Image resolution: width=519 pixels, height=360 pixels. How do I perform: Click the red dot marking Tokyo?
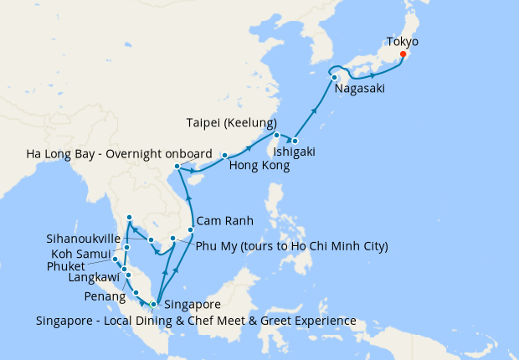403,54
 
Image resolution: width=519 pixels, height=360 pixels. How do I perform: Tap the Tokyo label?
403,41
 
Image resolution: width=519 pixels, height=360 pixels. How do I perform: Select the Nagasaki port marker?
334,78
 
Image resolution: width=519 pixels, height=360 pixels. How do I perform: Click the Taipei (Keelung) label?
232,124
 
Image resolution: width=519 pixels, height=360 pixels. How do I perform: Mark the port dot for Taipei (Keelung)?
276,136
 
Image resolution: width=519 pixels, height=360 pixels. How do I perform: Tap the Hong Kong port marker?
224,156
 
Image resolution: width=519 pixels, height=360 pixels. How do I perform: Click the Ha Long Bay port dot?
176,167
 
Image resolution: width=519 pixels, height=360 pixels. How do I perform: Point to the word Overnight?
124,154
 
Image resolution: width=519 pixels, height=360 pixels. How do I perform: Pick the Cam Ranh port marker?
191,229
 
